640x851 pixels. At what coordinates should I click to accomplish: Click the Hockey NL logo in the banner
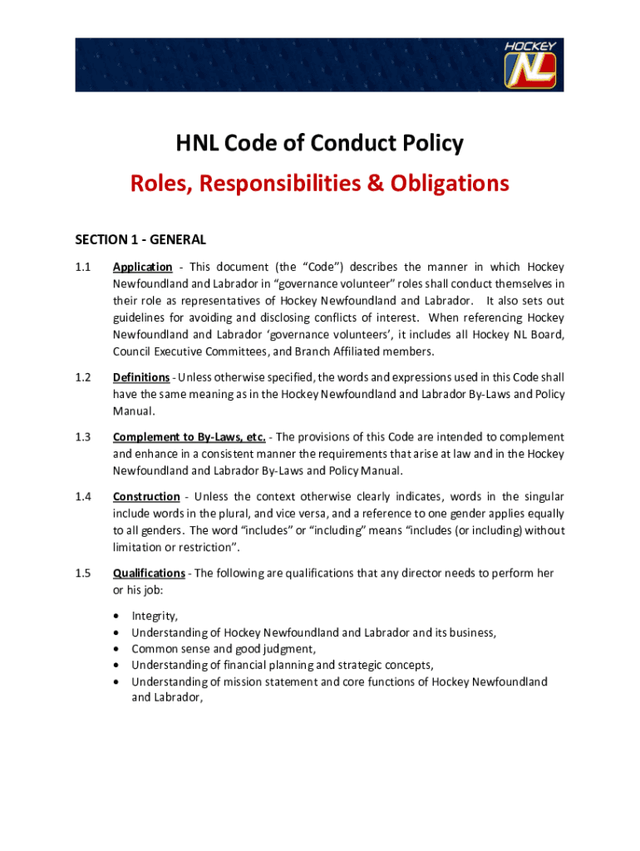point(532,64)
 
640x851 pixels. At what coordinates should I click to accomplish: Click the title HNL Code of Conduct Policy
point(319,144)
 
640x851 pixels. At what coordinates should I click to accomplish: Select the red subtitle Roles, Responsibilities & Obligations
point(319,183)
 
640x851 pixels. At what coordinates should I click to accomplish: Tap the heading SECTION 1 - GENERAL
point(140,240)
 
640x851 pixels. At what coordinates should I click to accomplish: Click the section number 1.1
point(83,267)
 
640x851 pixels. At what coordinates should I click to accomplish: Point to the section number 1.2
point(83,377)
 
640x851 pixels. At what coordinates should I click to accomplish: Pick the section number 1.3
point(83,437)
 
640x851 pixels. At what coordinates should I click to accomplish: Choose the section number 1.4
point(83,497)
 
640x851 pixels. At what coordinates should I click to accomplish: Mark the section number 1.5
point(83,573)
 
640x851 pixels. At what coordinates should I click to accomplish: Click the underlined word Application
point(143,267)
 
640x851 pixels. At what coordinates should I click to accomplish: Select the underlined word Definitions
point(142,377)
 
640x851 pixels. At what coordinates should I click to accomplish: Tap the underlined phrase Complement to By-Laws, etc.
point(190,437)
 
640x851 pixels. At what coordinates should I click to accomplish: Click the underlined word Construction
point(146,497)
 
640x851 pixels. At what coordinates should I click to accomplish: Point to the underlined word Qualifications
point(149,573)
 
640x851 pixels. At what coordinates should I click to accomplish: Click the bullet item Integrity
point(155,616)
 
